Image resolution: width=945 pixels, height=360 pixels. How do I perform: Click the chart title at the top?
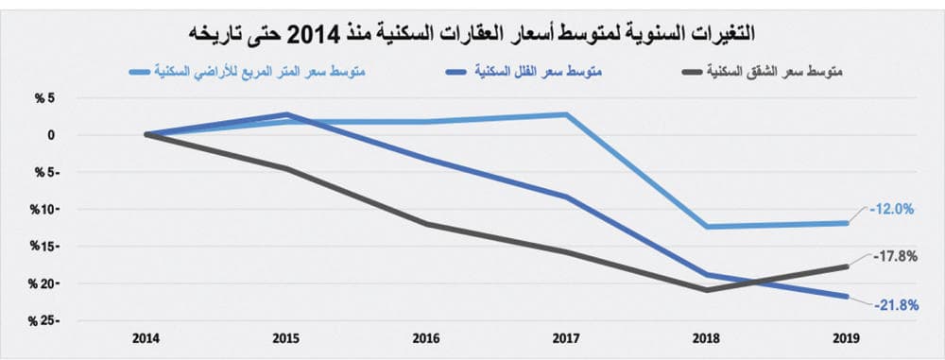point(472,35)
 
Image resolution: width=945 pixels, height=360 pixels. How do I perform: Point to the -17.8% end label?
point(893,256)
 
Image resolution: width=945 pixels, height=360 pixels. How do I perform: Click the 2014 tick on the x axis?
point(146,337)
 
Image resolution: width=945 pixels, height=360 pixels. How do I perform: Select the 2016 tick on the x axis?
point(426,337)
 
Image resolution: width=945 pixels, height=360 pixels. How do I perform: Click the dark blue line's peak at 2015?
point(286,114)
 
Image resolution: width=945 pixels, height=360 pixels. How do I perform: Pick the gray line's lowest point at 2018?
point(706,290)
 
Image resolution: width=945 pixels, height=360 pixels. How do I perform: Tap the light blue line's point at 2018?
point(706,227)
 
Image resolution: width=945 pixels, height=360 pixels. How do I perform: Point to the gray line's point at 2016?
point(426,224)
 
